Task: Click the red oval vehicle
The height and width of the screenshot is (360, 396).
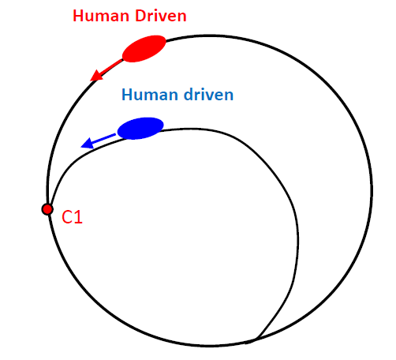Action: [144, 49]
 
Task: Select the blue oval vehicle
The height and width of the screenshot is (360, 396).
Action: [140, 128]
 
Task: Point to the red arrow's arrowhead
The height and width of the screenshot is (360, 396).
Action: [96, 76]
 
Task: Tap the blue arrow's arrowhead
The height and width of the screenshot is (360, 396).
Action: [87, 144]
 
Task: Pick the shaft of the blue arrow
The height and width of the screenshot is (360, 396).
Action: [104, 138]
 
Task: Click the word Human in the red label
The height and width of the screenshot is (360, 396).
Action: [101, 16]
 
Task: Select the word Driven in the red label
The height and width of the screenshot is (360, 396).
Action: [161, 16]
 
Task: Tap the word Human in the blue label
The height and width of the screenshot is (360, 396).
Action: [150, 95]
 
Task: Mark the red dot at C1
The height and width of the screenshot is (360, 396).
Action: [47, 209]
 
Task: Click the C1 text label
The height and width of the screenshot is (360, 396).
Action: [72, 217]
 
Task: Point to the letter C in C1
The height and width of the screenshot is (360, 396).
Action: [67, 217]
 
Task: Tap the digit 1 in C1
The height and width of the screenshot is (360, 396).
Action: [79, 217]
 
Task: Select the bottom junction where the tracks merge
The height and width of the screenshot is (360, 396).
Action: [256, 339]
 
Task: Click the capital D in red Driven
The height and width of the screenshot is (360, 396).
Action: [140, 16]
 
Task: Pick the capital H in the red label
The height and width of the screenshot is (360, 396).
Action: [78, 16]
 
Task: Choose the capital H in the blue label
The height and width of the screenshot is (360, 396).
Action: [127, 95]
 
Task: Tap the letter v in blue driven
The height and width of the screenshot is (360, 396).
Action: [207, 96]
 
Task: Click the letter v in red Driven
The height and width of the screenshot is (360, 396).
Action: [161, 17]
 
